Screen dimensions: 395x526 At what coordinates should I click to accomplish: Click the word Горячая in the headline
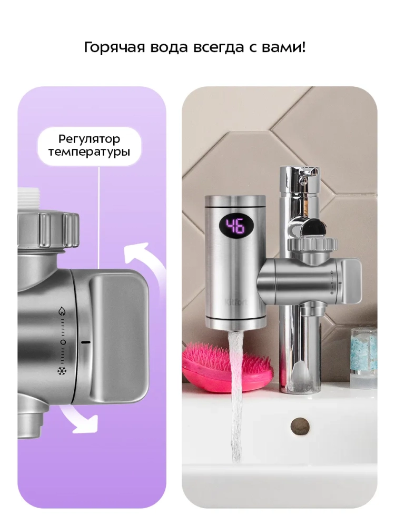(114, 48)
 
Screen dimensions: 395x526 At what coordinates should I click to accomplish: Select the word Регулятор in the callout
(89, 139)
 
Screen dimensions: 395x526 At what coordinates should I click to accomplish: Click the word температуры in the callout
(90, 152)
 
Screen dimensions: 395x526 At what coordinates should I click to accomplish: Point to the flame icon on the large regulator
(62, 311)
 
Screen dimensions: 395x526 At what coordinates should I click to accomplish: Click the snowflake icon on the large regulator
(62, 371)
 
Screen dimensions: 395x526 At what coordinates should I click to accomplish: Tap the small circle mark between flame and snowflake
(63, 342)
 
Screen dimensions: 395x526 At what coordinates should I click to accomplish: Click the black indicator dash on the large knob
(86, 342)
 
